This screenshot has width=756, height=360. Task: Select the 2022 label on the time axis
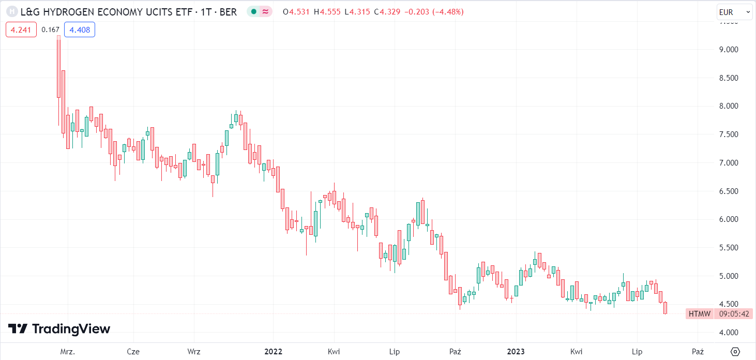click(273, 352)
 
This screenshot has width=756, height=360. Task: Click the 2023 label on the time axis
click(516, 352)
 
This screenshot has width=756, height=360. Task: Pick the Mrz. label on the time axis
click(68, 352)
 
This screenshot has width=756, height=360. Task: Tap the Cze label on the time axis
click(133, 352)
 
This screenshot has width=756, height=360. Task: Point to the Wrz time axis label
click(194, 352)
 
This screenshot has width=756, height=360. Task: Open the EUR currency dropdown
click(734, 12)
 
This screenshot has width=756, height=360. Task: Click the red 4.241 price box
click(21, 30)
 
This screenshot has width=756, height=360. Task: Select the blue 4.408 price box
click(80, 30)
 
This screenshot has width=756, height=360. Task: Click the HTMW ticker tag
click(700, 314)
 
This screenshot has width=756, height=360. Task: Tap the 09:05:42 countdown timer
click(734, 314)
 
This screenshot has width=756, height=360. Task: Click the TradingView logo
click(59, 329)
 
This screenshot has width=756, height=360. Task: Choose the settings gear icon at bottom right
click(735, 352)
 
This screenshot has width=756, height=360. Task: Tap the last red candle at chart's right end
click(666, 308)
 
